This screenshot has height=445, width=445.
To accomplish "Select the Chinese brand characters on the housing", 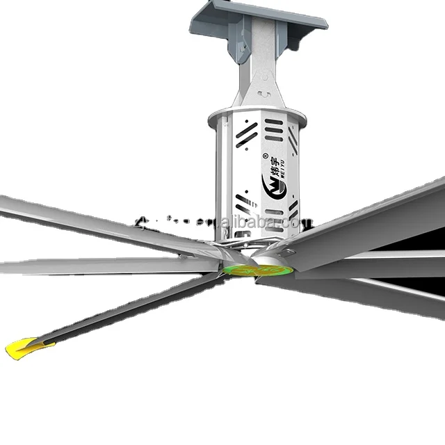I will pos(276,165).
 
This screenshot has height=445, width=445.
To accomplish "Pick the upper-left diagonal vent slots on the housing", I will pos(246,133).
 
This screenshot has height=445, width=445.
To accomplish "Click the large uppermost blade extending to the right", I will pos(375,222).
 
